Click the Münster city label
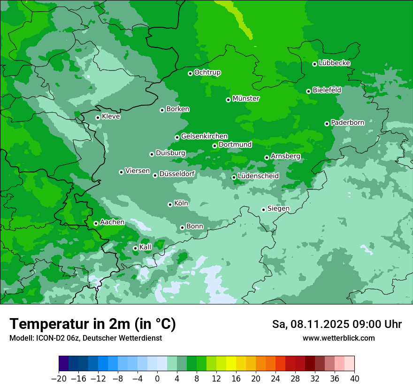(246, 99)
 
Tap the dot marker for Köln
(170, 204)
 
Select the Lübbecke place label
(334, 63)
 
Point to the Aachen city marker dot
(96, 223)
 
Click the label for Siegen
(278, 209)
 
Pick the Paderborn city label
(347, 123)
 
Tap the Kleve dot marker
(98, 117)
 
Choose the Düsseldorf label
(177, 174)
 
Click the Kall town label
(145, 247)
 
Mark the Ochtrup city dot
(190, 73)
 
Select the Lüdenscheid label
(258, 176)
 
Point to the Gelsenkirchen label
(204, 136)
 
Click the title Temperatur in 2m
(92, 324)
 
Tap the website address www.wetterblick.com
(338, 338)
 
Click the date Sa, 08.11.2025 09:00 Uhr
(337, 324)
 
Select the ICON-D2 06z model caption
(85, 338)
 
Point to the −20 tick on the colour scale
(59, 379)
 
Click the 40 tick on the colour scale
(354, 379)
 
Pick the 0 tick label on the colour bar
(157, 379)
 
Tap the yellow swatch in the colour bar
(231, 363)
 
